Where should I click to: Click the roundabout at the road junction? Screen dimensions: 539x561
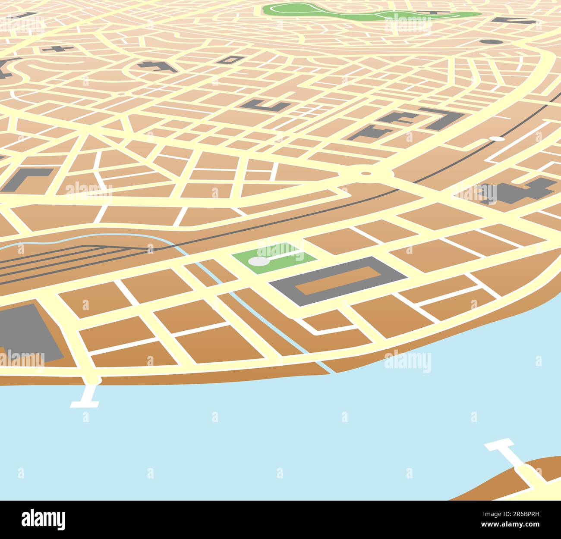(366, 173)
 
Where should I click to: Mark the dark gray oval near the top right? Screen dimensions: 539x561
(491, 42)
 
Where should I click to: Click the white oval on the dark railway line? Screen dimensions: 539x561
(497, 139)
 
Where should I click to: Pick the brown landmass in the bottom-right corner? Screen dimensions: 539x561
(518, 483)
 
